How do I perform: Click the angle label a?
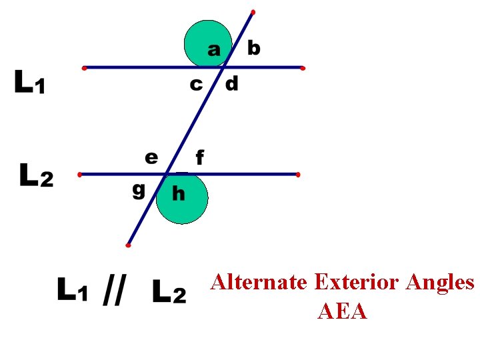[214, 49]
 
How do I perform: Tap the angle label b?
[254, 48]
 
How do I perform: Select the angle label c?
[196, 85]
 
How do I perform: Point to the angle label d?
[231, 84]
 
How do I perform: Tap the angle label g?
[139, 191]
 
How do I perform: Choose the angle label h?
[179, 193]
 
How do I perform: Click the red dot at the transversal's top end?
[253, 12]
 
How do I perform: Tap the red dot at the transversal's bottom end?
[128, 245]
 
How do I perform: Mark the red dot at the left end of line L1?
[84, 68]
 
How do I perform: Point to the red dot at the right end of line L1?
[303, 68]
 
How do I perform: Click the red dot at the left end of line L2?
[80, 175]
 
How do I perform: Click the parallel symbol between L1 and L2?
[112, 291]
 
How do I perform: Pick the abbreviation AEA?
[343, 311]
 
